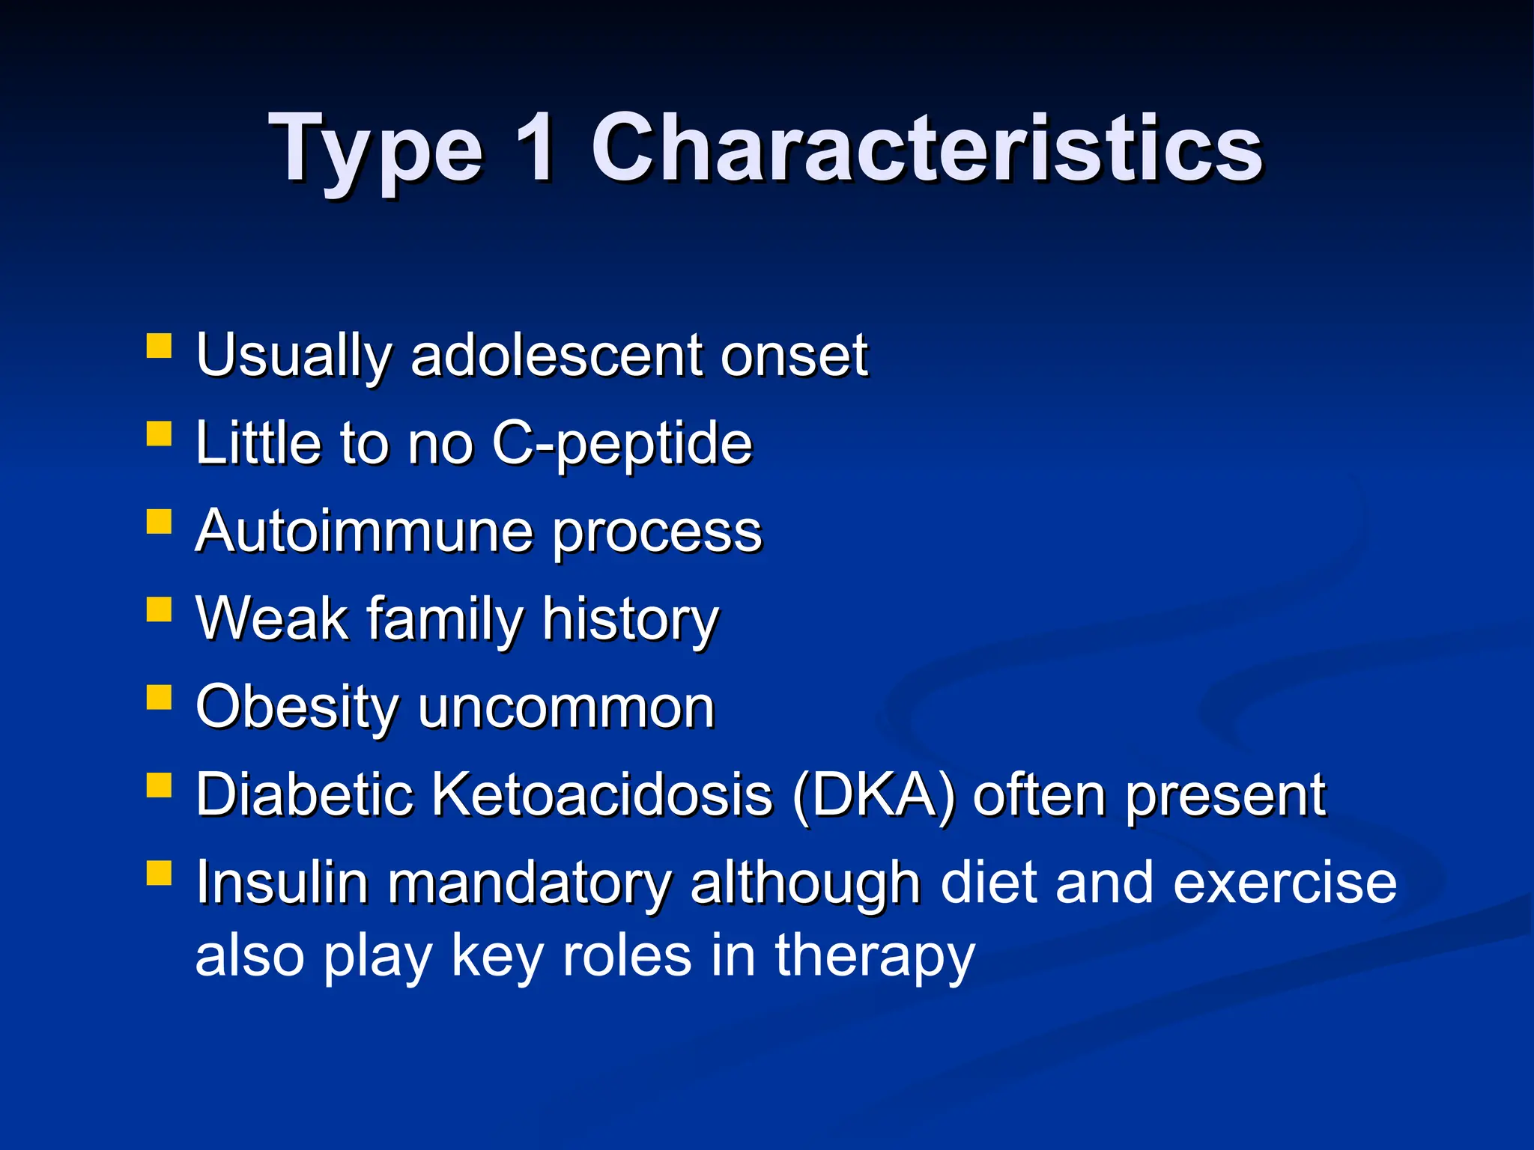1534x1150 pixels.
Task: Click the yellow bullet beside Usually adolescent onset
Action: [x=159, y=347]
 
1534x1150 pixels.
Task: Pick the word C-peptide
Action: [x=622, y=443]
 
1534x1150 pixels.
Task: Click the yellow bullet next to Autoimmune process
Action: [x=159, y=521]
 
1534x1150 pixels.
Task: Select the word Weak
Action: [x=272, y=619]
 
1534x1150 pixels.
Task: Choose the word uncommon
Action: [x=566, y=709]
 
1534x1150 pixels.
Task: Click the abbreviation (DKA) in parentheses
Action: [x=873, y=795]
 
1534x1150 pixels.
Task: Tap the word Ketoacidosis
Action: [x=602, y=795]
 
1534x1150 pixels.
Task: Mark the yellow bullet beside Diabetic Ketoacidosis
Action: [x=159, y=785]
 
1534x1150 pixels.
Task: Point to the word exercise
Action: [x=1284, y=883]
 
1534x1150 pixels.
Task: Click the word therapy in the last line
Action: [x=874, y=958]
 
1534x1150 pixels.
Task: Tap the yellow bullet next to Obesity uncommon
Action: [x=159, y=697]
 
